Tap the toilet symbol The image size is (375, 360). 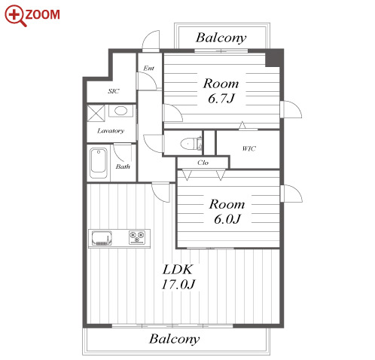191,144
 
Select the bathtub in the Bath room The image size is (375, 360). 99,163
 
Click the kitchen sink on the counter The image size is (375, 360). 102,238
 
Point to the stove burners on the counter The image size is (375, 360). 137,237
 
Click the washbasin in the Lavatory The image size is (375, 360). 121,111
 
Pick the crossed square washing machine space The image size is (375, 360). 96,113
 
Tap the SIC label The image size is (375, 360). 114,91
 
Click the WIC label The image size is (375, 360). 248,148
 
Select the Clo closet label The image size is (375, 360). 203,163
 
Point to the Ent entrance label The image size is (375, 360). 148,68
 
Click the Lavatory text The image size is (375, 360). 111,131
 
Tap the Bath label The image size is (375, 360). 123,166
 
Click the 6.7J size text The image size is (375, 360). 221,98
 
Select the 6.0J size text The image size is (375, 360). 227,219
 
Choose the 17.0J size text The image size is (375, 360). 178,285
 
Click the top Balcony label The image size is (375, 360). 221,38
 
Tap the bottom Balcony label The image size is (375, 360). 175,339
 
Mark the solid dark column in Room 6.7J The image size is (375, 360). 274,58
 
